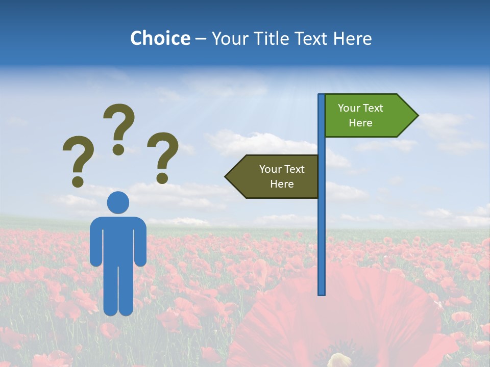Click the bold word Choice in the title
point(160,38)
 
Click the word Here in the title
point(352,38)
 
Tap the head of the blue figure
point(118,202)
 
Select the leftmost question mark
point(78,155)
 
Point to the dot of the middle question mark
point(118,149)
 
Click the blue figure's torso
point(118,240)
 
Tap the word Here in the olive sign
point(282,184)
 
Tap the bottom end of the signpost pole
point(321,293)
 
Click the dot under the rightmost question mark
point(162,178)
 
